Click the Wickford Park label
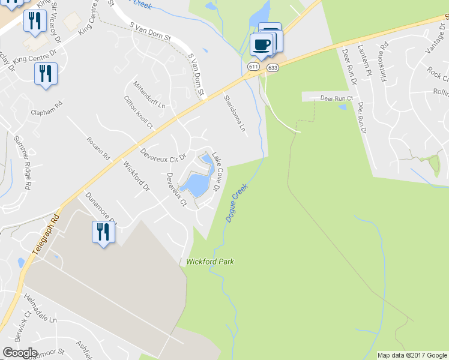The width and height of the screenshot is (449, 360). point(209,262)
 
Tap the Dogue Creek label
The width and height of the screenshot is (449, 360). point(237,203)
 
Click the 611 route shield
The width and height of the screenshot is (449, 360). point(253,67)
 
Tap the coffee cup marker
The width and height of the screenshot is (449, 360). point(262,44)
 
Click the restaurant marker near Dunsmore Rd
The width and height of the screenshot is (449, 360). point(103,231)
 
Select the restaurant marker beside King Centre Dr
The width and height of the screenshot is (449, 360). point(46,74)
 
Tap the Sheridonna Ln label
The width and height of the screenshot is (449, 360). point(234,113)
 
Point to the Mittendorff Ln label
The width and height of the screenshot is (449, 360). point(149,95)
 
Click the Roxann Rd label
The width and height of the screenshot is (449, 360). point(98,148)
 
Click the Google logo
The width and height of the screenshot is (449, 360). point(19,353)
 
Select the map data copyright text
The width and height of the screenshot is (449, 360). point(412,355)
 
